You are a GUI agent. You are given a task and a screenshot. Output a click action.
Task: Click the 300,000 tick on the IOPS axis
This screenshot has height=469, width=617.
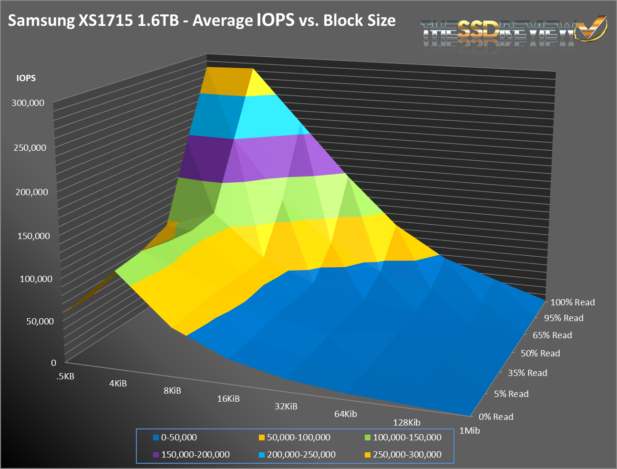[28, 103]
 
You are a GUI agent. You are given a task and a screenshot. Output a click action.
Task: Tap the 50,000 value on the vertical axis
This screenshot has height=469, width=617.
[40, 321]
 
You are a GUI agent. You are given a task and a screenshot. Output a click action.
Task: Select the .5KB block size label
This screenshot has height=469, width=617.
[65, 376]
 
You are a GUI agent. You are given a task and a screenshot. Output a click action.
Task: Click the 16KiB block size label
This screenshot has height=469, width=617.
[228, 398]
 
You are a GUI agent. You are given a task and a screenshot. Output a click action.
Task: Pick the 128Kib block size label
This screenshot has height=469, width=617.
[407, 422]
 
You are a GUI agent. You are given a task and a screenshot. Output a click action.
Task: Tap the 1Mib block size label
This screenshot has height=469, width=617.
[470, 430]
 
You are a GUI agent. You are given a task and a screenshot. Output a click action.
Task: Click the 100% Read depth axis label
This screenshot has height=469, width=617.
[573, 302]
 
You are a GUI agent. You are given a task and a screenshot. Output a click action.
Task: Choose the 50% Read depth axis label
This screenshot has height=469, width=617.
[540, 353]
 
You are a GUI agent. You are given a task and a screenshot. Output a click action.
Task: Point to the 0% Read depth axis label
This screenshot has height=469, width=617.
[496, 417]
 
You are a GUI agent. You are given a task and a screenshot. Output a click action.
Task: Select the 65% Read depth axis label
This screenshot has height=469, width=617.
[552, 335]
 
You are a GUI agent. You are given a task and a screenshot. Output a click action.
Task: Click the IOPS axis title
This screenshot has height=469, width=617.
[26, 78]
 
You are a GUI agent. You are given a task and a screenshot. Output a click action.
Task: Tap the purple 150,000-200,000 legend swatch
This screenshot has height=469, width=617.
[156, 455]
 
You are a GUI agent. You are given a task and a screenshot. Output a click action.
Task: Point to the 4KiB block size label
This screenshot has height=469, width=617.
[118, 383]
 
